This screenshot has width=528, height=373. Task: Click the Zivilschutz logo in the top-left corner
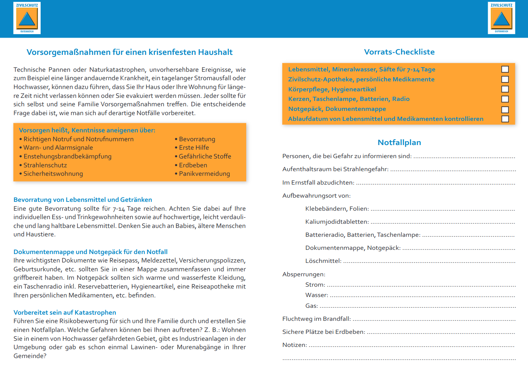pos(27,18)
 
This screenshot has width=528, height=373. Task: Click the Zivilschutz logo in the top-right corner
pos(501,18)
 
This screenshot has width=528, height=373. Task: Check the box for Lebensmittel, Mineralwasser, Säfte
pos(505,69)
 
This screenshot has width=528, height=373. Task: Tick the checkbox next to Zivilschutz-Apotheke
pos(505,79)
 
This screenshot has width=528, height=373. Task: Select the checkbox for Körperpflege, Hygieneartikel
pos(505,89)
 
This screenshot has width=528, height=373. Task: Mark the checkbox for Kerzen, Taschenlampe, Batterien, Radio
pos(505,99)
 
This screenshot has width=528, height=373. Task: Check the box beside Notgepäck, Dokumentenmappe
pos(505,109)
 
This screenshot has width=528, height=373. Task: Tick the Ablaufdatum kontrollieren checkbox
pos(505,119)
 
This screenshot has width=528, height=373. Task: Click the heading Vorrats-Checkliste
pos(399,52)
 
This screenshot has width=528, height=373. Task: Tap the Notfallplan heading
pos(399,142)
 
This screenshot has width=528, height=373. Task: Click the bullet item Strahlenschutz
pos(45,165)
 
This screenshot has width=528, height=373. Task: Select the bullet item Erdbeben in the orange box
pos(193,165)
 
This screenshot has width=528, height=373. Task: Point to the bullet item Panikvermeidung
pos(204,173)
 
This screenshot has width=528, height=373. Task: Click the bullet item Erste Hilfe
pos(194,147)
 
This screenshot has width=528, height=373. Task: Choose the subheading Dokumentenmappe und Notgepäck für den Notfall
pos(90,252)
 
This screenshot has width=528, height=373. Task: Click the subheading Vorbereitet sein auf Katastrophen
pos(65,312)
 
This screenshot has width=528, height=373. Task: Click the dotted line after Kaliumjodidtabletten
pos(442,222)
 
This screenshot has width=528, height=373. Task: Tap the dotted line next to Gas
pos(418,306)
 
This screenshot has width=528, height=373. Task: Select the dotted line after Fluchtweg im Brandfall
pos(434,319)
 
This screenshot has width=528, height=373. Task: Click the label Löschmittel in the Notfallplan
pos(323,261)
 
